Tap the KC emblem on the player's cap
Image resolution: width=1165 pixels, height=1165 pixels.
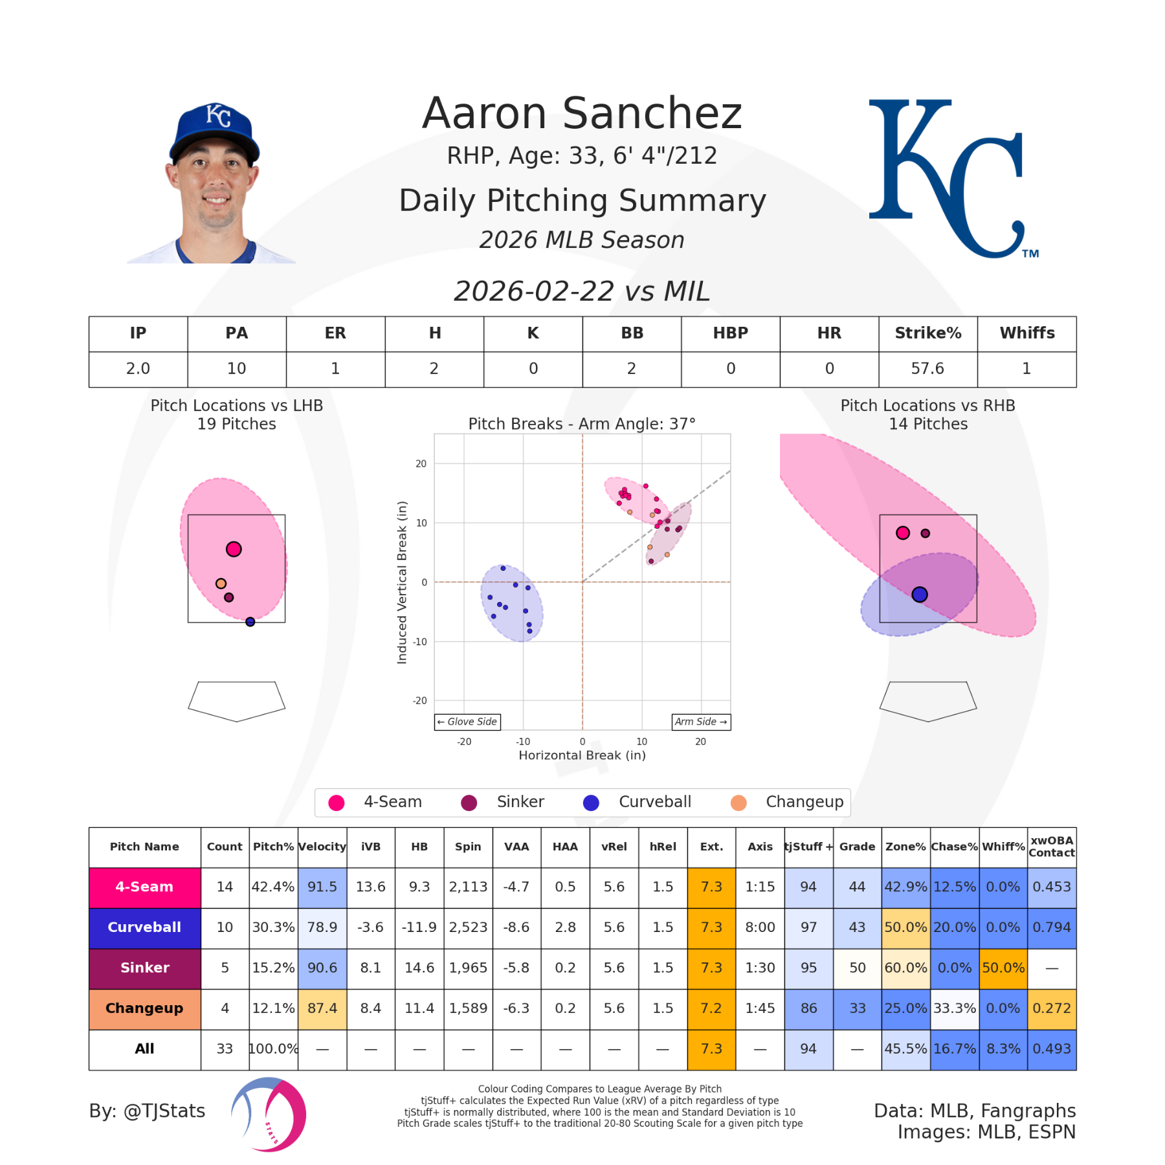tap(218, 116)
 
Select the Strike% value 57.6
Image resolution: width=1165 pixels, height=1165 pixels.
tap(927, 369)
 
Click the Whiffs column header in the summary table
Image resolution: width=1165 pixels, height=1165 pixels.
tap(1026, 333)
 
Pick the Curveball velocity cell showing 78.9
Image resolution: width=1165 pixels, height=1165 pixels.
tap(322, 927)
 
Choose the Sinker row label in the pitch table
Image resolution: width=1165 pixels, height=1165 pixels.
tap(144, 968)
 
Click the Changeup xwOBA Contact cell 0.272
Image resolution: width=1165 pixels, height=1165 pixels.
tap(1051, 1008)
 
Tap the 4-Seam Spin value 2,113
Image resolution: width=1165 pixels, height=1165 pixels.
tap(468, 887)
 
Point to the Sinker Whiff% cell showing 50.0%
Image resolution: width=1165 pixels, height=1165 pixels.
tap(1003, 968)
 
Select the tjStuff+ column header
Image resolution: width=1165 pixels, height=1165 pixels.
tap(808, 847)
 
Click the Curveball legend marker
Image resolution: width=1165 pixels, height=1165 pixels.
tap(591, 803)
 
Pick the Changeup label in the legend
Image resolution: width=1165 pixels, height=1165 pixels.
tap(804, 802)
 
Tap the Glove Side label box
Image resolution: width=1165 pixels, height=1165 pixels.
tap(467, 722)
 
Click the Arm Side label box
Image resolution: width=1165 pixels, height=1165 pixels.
tap(701, 722)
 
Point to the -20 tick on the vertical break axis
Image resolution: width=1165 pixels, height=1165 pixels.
tap(421, 700)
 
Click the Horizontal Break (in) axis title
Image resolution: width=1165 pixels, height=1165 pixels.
tap(582, 755)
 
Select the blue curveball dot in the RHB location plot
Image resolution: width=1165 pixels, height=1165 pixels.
tap(919, 594)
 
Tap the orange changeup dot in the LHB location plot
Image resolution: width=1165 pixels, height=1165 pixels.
tap(221, 583)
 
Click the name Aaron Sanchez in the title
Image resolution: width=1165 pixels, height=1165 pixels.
tap(582, 113)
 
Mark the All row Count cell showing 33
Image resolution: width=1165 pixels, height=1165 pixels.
tap(225, 1048)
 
